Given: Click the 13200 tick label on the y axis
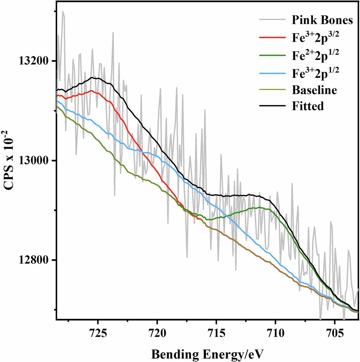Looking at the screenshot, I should pos(32,61).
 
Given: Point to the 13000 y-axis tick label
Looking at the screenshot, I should pos(32,161).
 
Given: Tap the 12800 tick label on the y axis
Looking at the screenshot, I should pos(32,260).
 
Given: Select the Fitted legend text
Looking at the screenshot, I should pos(308,106).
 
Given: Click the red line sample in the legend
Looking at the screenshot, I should pos(272,38).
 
